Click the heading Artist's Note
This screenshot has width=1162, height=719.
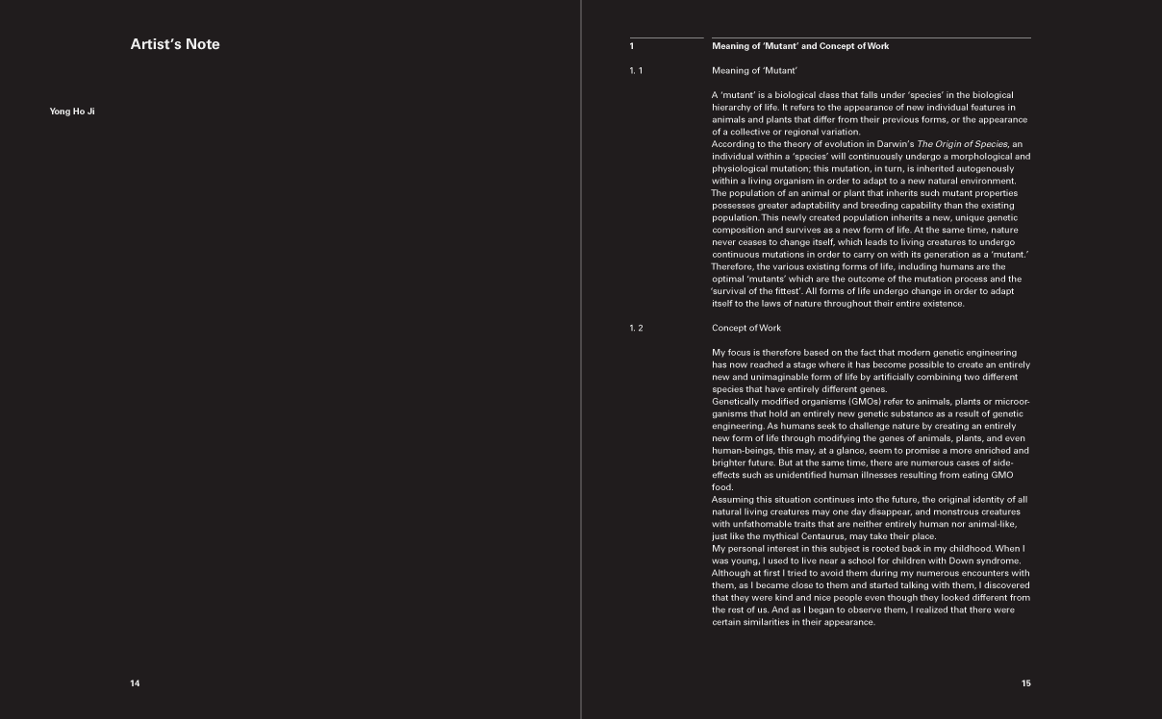coord(175,44)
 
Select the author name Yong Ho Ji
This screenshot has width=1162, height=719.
coord(72,112)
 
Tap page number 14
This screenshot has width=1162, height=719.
coord(135,683)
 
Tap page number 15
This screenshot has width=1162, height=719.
coord(1026,683)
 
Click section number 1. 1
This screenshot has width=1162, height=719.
coord(636,70)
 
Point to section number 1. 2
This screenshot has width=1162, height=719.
coord(636,328)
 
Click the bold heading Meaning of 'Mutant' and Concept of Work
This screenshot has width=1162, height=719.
coord(800,46)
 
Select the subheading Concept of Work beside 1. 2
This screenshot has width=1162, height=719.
coord(746,328)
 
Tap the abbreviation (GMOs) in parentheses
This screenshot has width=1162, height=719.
coord(865,401)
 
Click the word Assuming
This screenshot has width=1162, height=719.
coord(735,500)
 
